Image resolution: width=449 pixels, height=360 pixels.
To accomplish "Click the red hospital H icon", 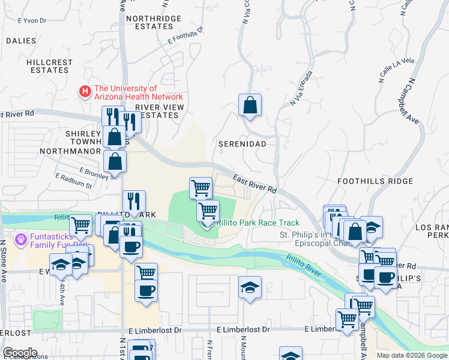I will [85, 92].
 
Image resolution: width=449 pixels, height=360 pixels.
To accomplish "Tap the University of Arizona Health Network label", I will [137, 92].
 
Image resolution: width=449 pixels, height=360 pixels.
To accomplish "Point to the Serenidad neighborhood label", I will [242, 145].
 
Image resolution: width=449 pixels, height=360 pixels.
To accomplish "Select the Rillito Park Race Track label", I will [258, 223].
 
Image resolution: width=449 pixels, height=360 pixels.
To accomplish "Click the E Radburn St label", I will [73, 181].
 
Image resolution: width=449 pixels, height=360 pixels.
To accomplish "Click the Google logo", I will [20, 352].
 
